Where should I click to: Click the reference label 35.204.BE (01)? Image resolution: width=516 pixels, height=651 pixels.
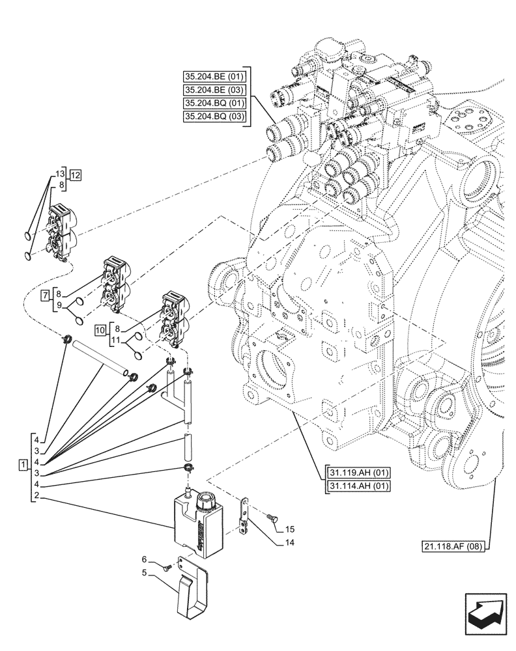point(214,76)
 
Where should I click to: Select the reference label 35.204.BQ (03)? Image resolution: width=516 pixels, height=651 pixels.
point(214,117)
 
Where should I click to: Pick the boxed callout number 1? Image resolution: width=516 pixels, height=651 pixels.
point(23,465)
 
